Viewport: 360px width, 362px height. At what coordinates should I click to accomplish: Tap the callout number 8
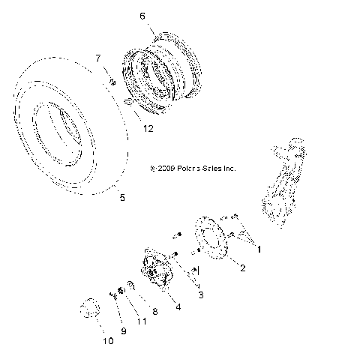pos(154,310)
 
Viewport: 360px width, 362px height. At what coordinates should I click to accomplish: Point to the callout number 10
pos(108,342)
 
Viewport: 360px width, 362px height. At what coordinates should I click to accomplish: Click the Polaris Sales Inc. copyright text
pos(193,169)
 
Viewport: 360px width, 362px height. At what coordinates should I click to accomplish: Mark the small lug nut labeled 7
pos(110,82)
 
